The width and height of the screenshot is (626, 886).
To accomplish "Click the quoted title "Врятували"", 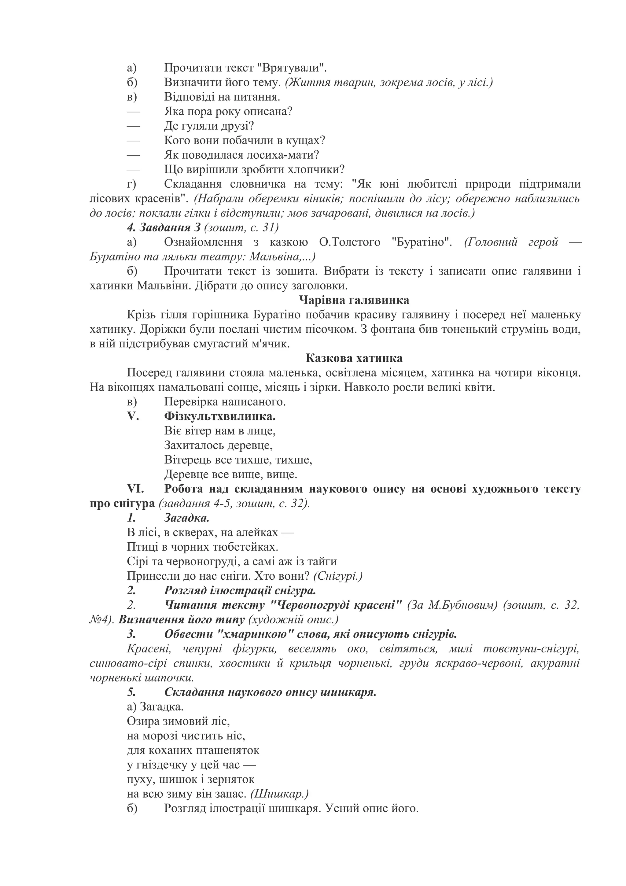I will pyautogui.click(x=292, y=68).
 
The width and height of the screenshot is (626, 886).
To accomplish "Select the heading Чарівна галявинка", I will pyautogui.click(x=354, y=300).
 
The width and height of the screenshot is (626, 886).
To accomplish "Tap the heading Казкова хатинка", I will pyautogui.click(x=354, y=358).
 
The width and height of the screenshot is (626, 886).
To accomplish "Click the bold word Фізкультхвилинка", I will pyautogui.click(x=220, y=416).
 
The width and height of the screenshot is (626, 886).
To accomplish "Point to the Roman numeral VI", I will pyautogui.click(x=135, y=489).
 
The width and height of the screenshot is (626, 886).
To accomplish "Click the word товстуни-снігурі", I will pyautogui.click(x=531, y=649).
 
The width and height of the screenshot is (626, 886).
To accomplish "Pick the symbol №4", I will pyautogui.click(x=100, y=620).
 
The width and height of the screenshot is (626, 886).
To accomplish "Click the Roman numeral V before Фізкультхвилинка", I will pyautogui.click(x=133, y=416).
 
